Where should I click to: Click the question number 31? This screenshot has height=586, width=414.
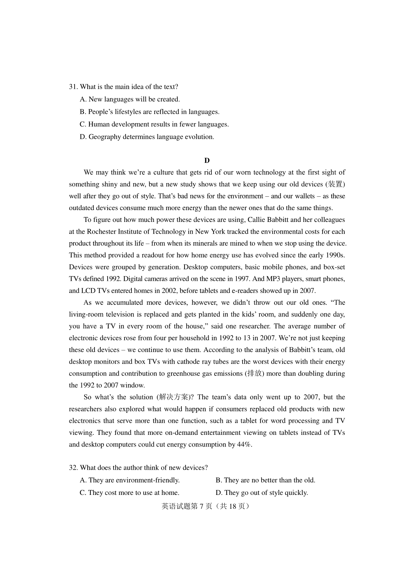coord(73,87)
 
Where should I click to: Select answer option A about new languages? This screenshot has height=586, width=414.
coord(130,99)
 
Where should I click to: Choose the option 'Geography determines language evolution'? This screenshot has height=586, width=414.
coord(147,137)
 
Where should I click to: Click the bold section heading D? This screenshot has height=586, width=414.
coord(207,160)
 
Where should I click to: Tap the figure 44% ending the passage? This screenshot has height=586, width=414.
coord(245,445)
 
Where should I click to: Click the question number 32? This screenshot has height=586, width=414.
coord(73,468)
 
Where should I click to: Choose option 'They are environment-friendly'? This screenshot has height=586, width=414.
coord(130,480)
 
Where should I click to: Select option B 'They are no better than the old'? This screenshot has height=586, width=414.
coord(265,480)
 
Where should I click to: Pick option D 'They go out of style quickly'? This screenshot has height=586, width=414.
coord(262,493)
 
